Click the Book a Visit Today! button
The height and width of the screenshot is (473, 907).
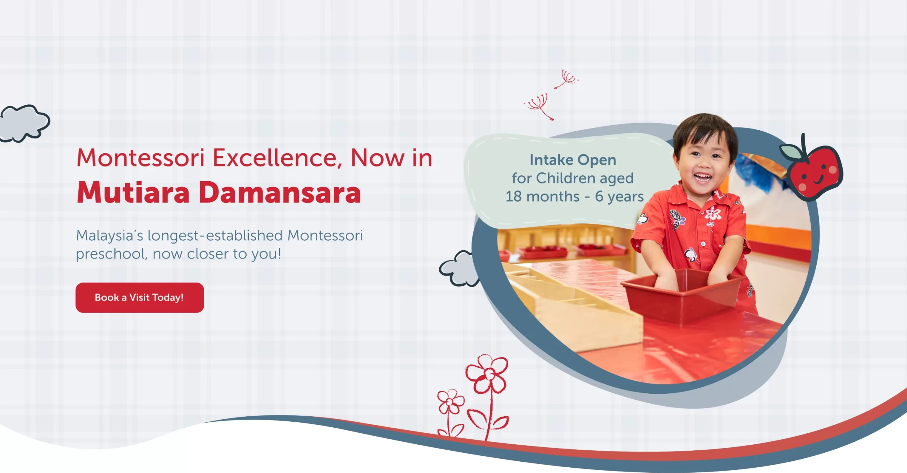pos(140,297)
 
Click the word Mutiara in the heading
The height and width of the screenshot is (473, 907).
pos(133,193)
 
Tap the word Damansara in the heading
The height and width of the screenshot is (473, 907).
pos(280,193)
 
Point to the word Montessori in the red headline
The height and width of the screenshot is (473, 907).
pos(141,158)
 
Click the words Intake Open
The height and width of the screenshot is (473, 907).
pos(573,160)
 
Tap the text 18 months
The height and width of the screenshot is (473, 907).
pos(542,196)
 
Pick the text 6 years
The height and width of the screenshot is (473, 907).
pos(619,196)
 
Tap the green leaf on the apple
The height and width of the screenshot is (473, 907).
pos(789,152)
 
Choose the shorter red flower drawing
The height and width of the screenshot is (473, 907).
pos(450,404)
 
